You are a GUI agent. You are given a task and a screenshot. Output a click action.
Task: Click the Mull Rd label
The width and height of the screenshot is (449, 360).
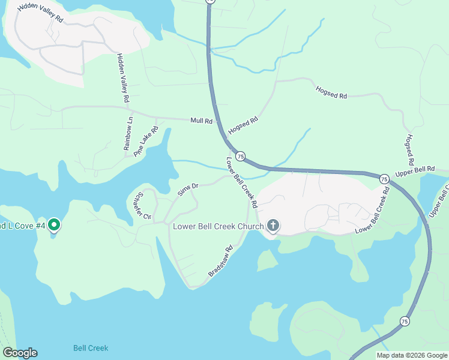(x=201, y=121)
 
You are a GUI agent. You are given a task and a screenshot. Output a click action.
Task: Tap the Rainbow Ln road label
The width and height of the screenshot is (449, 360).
(x=129, y=133)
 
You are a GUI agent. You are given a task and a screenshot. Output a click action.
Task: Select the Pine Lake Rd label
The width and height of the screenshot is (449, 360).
(x=146, y=142)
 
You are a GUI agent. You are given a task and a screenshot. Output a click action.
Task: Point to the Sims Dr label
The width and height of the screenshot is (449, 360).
(x=188, y=190)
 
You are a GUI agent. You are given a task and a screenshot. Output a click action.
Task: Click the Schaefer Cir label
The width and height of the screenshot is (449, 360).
(x=143, y=206)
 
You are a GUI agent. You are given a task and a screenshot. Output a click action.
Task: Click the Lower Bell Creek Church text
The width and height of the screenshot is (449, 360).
(x=218, y=226)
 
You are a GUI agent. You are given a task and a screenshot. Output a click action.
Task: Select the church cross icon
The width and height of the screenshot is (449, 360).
(x=273, y=226)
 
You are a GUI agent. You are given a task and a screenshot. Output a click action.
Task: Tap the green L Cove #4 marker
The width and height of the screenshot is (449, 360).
(x=53, y=225)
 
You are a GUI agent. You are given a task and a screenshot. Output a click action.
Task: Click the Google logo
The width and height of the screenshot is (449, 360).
(x=20, y=353)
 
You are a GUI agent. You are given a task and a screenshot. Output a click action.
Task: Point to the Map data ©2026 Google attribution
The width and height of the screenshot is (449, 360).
(x=411, y=355)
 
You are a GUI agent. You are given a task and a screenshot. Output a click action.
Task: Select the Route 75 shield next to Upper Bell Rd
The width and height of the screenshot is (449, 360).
(x=384, y=178)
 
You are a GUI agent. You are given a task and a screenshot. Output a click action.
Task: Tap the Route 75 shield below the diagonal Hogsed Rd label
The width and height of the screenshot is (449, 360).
(x=240, y=156)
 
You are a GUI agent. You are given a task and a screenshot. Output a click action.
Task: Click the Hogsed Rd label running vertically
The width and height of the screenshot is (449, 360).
(x=410, y=150)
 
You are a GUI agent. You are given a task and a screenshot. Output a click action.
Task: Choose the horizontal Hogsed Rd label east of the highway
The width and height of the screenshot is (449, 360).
(x=331, y=92)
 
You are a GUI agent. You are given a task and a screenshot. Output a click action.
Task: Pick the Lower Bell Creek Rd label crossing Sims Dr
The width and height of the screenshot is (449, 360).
(x=241, y=182)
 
